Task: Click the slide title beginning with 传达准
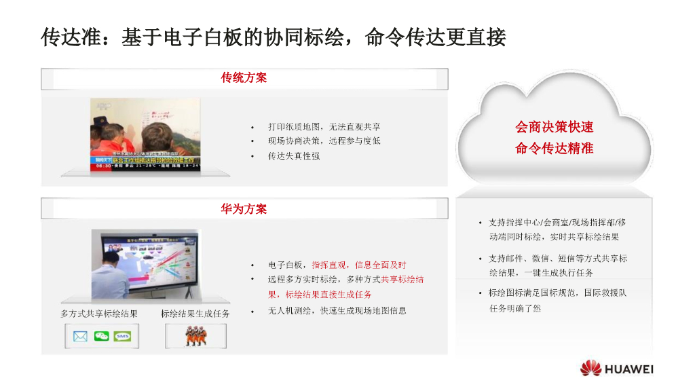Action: (x=274, y=37)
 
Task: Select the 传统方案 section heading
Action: (x=244, y=78)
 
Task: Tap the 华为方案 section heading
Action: (x=244, y=209)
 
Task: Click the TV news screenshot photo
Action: (x=146, y=134)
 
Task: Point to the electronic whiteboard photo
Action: (x=145, y=264)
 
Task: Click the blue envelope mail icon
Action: (x=81, y=337)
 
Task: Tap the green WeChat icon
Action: (x=102, y=337)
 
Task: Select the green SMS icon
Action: (x=122, y=337)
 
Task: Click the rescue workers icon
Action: (x=195, y=337)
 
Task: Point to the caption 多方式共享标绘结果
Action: (x=99, y=314)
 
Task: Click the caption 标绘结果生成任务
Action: (x=195, y=314)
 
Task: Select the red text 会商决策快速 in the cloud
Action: (x=555, y=127)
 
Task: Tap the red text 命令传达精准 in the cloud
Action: (x=555, y=148)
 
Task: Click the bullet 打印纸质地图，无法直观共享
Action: (x=324, y=127)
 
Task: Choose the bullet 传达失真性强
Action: (x=294, y=156)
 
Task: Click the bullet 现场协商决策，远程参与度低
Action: (x=324, y=141)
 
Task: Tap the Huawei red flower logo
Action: (x=590, y=369)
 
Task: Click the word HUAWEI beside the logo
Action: (x=629, y=369)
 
